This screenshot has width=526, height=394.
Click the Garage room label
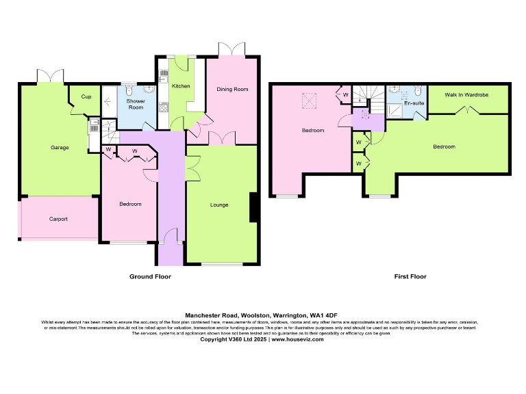tap(60, 148)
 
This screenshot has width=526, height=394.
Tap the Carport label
tap(58, 220)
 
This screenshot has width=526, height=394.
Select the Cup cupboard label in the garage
tap(86, 96)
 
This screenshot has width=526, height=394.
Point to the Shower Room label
tap(136, 105)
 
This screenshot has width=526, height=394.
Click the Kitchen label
tap(181, 86)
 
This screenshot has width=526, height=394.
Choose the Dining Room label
tap(232, 90)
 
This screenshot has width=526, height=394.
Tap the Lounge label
tap(219, 205)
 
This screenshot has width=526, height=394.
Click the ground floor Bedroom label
tap(130, 205)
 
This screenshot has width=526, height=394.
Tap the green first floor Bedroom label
tap(443, 146)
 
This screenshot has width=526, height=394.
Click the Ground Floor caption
tap(150, 276)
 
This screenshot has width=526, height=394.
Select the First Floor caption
tap(410, 276)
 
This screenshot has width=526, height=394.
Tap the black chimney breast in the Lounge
tap(253, 208)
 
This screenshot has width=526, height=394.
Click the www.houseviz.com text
tap(297, 339)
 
